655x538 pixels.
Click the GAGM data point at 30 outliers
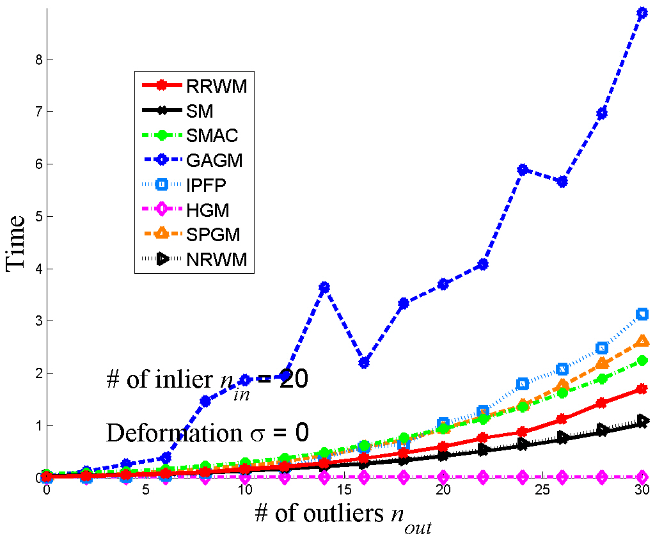point(642,13)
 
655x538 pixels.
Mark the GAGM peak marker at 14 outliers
point(324,287)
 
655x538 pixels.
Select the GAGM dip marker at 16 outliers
point(364,363)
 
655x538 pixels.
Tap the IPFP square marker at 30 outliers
point(642,314)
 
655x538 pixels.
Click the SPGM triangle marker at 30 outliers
point(642,341)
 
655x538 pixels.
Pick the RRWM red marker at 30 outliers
point(642,389)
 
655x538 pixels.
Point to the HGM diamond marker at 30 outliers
point(642,477)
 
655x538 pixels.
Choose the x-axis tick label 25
point(542,490)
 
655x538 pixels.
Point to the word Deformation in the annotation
point(164,433)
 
